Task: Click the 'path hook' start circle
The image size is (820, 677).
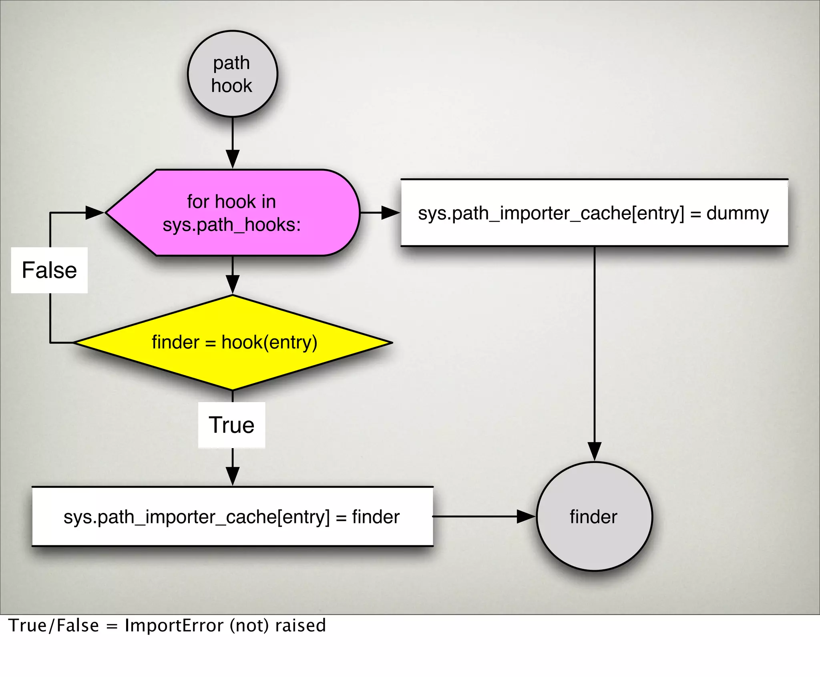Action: pyautogui.click(x=232, y=74)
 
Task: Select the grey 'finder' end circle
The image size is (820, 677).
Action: pyautogui.click(x=594, y=516)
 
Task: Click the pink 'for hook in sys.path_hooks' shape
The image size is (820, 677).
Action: pyautogui.click(x=232, y=212)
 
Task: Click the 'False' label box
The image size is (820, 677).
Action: pyautogui.click(x=49, y=270)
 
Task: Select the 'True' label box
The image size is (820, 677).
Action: pyautogui.click(x=231, y=425)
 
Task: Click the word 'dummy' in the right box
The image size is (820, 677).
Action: pyautogui.click(x=737, y=213)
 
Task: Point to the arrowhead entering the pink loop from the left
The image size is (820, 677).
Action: pyautogui.click(x=95, y=212)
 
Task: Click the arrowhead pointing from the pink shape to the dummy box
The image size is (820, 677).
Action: pyautogui.click(x=390, y=212)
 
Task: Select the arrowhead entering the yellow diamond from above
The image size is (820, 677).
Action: pyautogui.click(x=233, y=284)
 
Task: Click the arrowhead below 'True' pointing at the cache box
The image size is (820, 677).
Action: pyautogui.click(x=233, y=476)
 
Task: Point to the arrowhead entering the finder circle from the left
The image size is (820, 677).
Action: pyautogui.click(x=526, y=516)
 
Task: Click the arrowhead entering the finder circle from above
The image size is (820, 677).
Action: pyautogui.click(x=594, y=451)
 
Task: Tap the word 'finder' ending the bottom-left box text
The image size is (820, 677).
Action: pyautogui.click(x=376, y=517)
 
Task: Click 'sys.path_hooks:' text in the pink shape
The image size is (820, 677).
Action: pyautogui.click(x=231, y=224)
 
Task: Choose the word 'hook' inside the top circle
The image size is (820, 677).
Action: pyautogui.click(x=231, y=86)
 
